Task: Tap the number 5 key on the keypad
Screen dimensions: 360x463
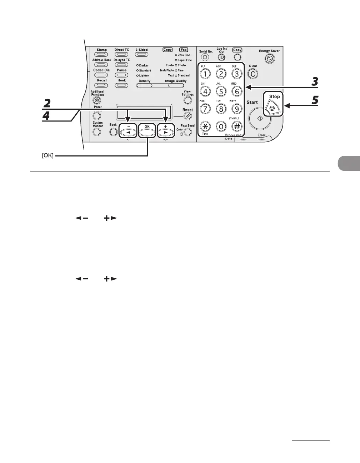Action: point(221,91)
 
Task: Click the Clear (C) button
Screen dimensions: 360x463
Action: point(253,74)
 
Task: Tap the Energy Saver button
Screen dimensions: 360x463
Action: point(270,59)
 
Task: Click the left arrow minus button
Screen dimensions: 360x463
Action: point(127,132)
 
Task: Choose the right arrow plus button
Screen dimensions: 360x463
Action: point(166,132)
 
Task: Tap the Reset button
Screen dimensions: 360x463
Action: point(187,116)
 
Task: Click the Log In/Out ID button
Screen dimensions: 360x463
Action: point(221,58)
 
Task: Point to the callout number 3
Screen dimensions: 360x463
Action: point(314,82)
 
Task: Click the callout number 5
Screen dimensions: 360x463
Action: point(314,101)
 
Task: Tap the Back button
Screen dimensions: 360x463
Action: point(113,132)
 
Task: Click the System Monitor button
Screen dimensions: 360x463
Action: point(97,132)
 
